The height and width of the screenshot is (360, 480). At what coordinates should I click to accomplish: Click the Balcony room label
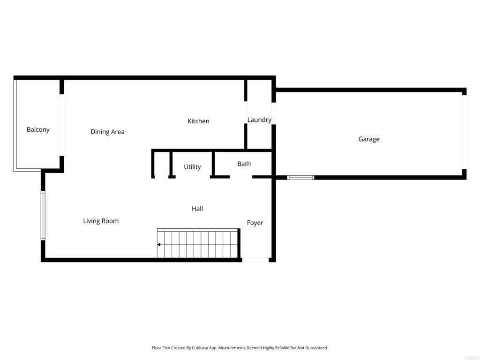pyautogui.click(x=38, y=130)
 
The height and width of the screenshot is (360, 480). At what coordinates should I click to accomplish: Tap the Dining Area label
pyautogui.click(x=107, y=132)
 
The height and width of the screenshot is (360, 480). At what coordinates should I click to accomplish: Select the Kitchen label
pyautogui.click(x=198, y=121)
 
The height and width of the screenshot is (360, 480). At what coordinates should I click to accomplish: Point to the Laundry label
pyautogui.click(x=259, y=120)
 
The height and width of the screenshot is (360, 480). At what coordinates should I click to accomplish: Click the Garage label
pyautogui.click(x=369, y=139)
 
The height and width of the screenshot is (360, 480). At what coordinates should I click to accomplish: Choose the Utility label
pyautogui.click(x=192, y=167)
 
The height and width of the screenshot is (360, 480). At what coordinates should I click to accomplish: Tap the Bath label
pyautogui.click(x=244, y=164)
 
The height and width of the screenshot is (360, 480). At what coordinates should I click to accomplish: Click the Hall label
pyautogui.click(x=197, y=209)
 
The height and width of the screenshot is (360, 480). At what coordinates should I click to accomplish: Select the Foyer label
pyautogui.click(x=255, y=223)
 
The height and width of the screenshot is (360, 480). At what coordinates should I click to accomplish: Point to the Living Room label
pyautogui.click(x=101, y=221)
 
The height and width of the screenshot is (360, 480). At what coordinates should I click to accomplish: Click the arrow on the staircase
pyautogui.click(x=160, y=245)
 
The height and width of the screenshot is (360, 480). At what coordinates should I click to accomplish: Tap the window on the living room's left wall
pyautogui.click(x=43, y=216)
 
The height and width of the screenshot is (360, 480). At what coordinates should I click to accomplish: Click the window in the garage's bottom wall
pyautogui.click(x=300, y=178)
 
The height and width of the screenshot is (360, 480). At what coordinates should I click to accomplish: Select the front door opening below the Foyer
pyautogui.click(x=255, y=260)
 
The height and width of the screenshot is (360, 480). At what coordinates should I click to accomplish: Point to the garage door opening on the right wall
pyautogui.click(x=464, y=132)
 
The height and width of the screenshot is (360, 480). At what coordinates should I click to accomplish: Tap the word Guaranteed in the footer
pyautogui.click(x=316, y=348)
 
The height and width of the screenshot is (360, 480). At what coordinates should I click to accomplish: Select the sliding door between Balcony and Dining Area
pyautogui.click(x=61, y=125)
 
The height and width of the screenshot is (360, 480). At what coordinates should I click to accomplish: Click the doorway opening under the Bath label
pyautogui.click(x=241, y=177)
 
